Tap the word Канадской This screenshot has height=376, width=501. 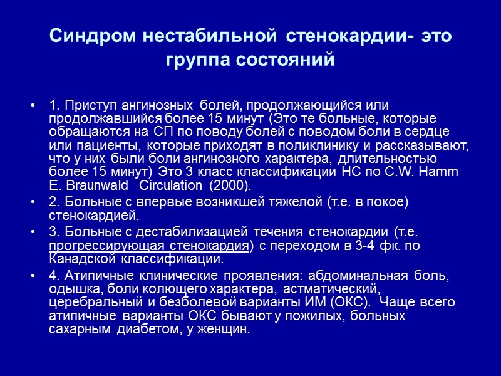pyautogui.click(x=78, y=258)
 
